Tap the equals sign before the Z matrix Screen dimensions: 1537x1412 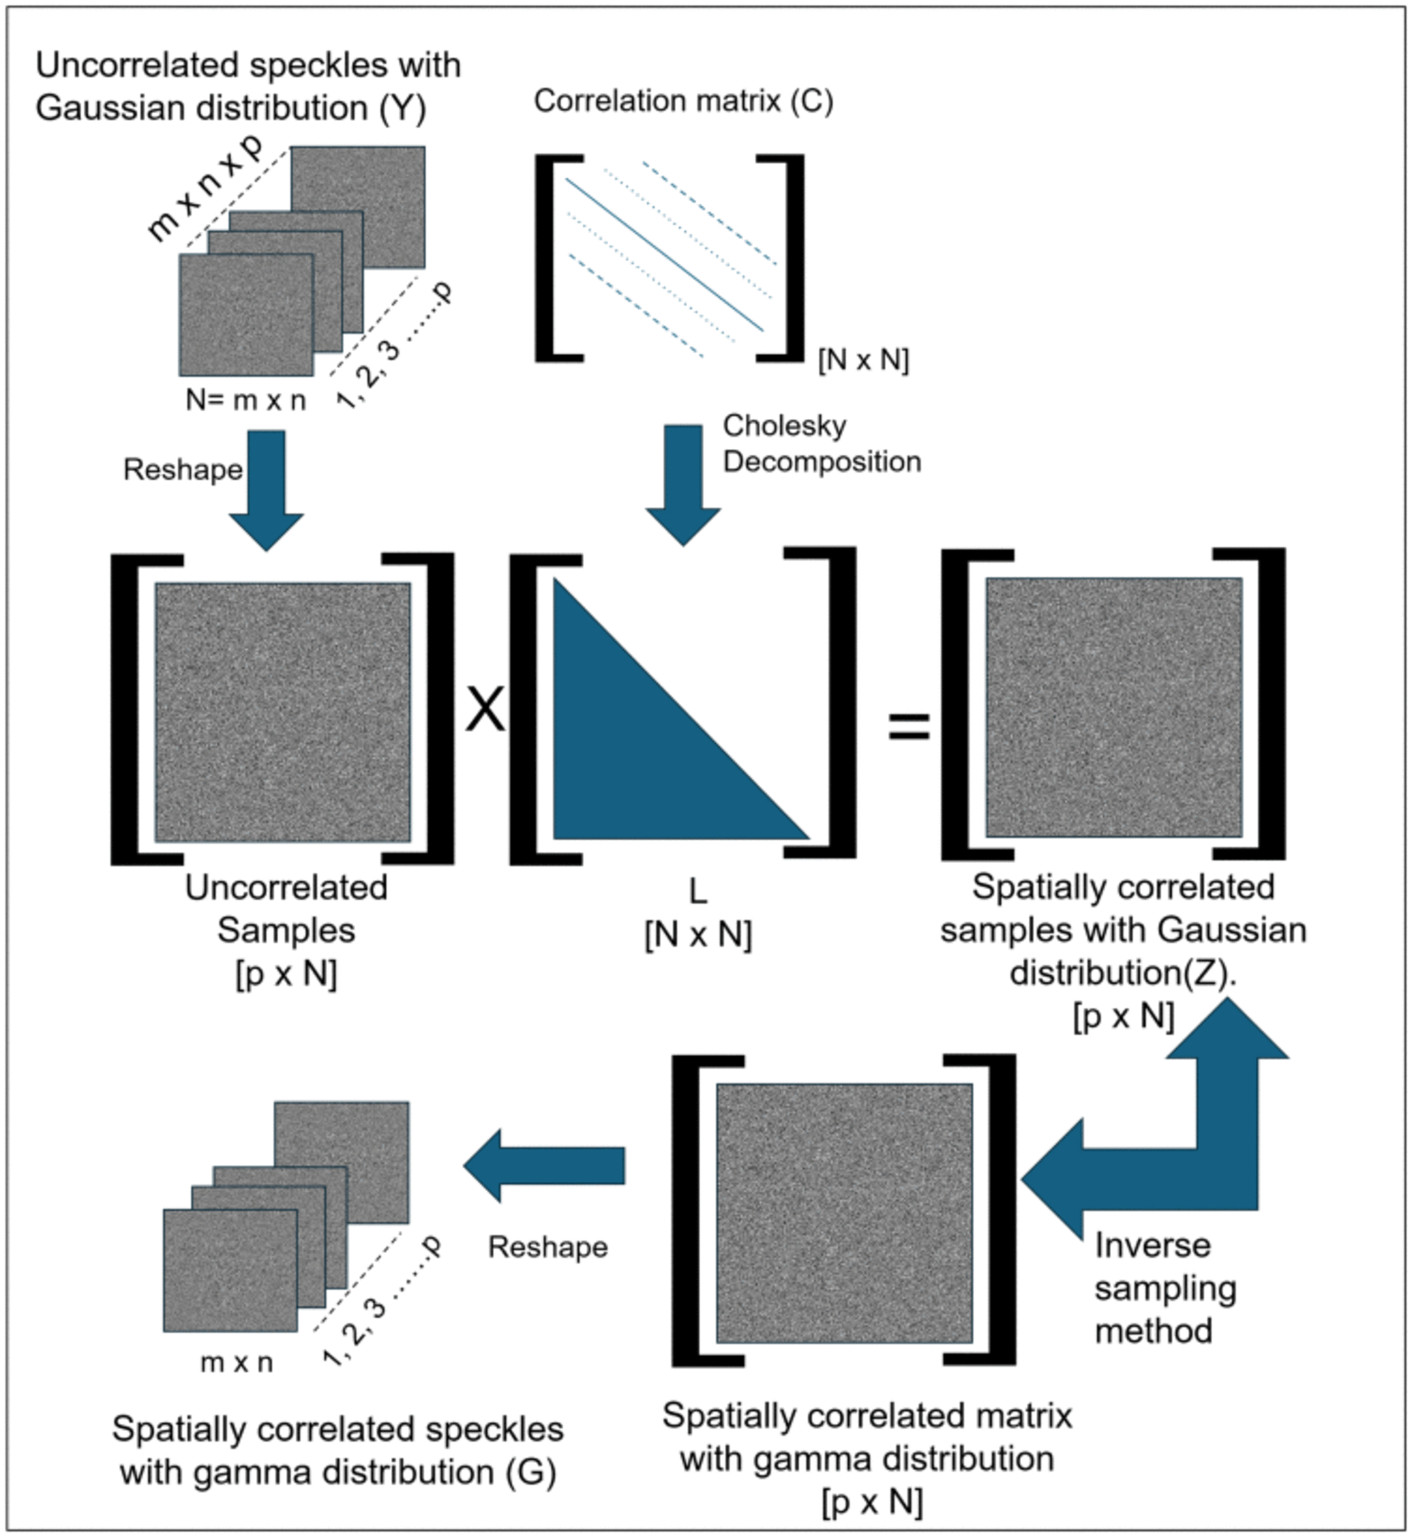coord(909,725)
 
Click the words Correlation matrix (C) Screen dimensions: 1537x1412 coord(683,101)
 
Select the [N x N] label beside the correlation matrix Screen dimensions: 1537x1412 coord(863,360)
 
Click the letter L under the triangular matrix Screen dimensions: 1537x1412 coord(697,892)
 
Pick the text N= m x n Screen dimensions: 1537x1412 coord(245,400)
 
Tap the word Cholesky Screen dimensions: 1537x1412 coord(785,425)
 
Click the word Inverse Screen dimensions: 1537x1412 coord(1153,1245)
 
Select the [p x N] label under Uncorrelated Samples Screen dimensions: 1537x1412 coord(286,974)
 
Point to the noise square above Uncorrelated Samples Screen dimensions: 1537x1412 coord(282,712)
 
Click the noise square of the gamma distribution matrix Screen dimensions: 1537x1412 coord(844,1213)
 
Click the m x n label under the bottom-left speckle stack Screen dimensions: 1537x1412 coord(237,1362)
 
